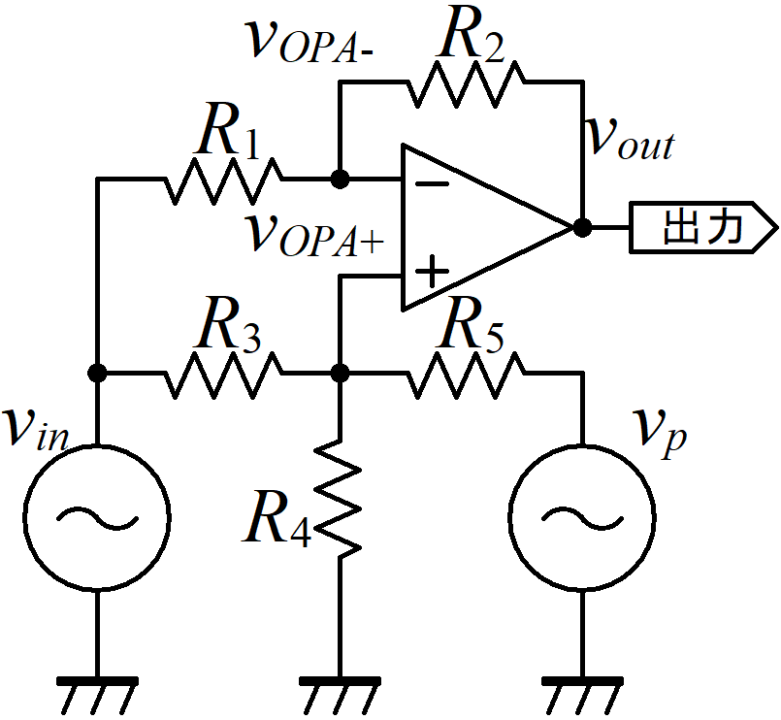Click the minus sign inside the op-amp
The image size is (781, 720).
pos(432,184)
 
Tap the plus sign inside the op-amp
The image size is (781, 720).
pos(432,272)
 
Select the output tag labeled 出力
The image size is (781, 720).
pos(702,228)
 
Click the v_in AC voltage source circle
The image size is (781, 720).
pos(97,517)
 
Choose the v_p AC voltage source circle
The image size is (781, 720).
pos(582,517)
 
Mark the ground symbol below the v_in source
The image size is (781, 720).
pos(97,696)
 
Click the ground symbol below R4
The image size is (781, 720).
pos(340,696)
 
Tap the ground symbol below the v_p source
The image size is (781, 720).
pos(582,696)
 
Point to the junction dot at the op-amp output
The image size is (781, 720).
pos(582,228)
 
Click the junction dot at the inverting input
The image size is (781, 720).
pos(340,179)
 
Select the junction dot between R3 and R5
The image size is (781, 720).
pos(340,373)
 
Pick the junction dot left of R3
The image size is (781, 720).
pos(97,373)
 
